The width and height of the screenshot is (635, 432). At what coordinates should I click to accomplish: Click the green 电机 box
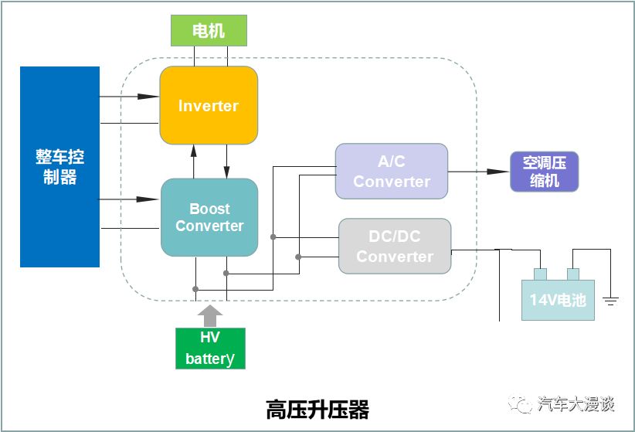click(209, 30)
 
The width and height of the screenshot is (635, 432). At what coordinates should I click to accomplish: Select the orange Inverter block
click(209, 105)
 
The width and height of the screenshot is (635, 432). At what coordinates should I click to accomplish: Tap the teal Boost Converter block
click(209, 217)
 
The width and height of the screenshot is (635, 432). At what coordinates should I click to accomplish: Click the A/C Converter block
click(392, 171)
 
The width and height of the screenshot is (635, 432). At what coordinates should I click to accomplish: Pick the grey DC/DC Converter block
click(395, 246)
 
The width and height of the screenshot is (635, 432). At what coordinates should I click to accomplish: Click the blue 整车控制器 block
click(60, 167)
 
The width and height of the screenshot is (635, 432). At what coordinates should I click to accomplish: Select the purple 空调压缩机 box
click(545, 172)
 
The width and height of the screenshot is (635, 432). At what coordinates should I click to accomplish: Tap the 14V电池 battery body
click(558, 300)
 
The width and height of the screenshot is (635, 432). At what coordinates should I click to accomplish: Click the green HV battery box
click(210, 349)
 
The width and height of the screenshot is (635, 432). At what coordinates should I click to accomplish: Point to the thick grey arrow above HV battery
click(210, 316)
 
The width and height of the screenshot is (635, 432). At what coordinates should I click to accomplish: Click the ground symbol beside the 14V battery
click(610, 301)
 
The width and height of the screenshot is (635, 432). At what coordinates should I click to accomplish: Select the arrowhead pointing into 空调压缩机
click(497, 172)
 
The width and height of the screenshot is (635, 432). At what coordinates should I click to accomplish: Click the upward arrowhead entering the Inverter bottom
click(194, 151)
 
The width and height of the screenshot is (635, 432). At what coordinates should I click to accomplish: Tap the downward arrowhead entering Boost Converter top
click(227, 172)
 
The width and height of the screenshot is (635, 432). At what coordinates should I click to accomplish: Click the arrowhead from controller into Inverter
click(148, 97)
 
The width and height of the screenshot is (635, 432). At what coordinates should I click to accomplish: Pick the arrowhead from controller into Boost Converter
click(148, 199)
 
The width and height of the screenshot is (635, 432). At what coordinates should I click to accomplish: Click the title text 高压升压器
click(317, 410)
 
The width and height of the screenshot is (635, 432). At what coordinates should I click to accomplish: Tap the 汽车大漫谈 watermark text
click(576, 404)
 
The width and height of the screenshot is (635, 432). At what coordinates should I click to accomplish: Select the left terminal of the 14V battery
click(540, 274)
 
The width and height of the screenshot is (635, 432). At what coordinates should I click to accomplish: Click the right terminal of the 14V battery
click(573, 274)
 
